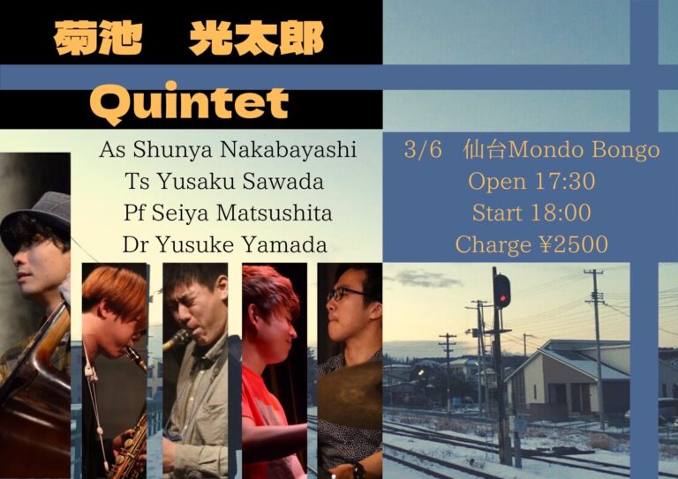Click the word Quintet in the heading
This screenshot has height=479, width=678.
[189, 103]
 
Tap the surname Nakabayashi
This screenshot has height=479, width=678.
[289, 150]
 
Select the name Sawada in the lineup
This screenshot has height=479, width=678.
[282, 182]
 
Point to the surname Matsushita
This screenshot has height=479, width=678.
[275, 213]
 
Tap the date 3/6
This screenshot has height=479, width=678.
[424, 150]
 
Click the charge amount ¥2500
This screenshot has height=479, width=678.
[574, 244]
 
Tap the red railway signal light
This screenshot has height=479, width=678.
[501, 297]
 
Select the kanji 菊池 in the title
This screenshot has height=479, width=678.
[98, 38]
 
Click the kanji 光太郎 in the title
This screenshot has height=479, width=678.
[256, 38]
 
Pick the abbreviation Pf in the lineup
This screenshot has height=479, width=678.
[135, 213]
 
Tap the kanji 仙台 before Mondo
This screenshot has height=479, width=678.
[485, 150]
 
